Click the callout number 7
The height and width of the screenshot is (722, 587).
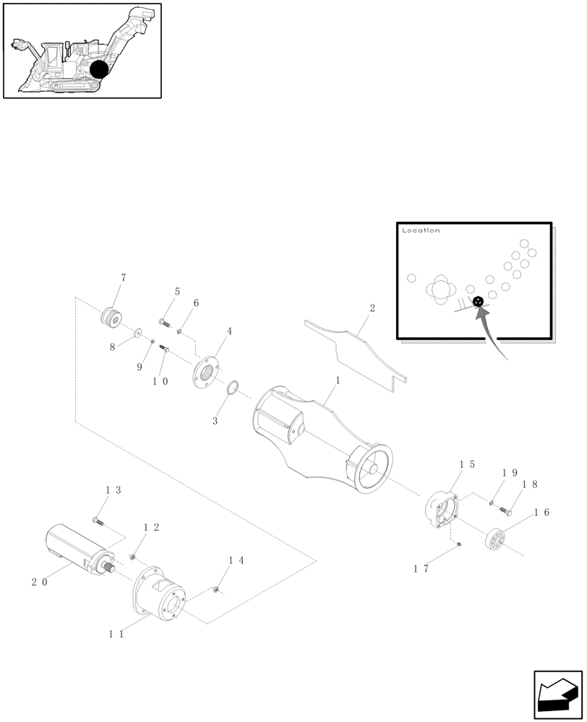[x=124, y=277]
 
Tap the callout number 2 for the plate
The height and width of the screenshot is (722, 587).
[x=372, y=308]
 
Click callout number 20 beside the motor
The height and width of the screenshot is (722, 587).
[x=40, y=582]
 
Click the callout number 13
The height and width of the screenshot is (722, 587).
[x=113, y=490]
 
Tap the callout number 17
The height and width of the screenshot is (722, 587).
[x=421, y=569]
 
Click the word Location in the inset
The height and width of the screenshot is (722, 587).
[x=421, y=231]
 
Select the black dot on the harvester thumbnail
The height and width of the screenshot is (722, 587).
[x=99, y=69]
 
